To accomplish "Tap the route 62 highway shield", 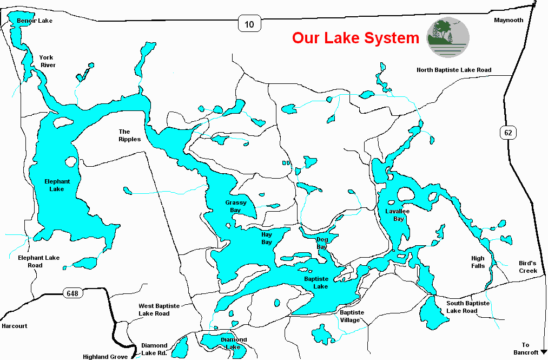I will click(509, 132).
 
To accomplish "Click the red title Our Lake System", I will click(355, 38).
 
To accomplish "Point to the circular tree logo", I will click(448, 37).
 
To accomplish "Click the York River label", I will click(48, 61).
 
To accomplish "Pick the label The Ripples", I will click(129, 135).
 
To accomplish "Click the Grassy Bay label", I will click(236, 206).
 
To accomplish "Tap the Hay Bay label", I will click(267, 239).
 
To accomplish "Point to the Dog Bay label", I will click(322, 243).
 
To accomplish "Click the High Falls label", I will click(478, 262).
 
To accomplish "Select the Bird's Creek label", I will click(527, 266).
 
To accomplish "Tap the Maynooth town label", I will click(509, 21).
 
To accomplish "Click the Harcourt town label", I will click(14, 326).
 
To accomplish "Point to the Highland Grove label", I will click(105, 357).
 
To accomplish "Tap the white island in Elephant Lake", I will click(70, 161).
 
